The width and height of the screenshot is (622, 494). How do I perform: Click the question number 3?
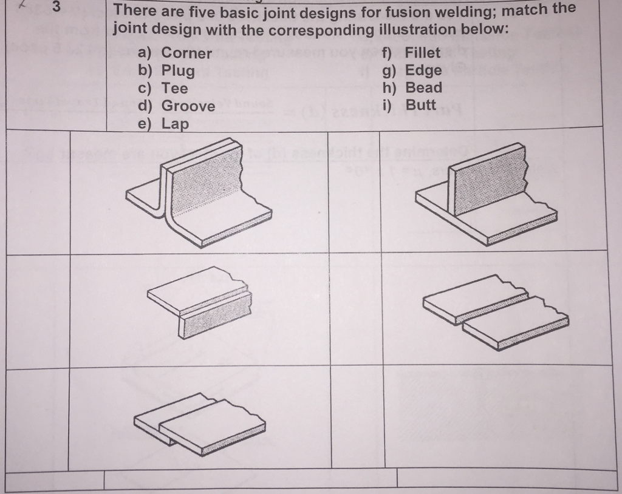point(56,8)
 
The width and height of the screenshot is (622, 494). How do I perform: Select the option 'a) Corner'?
point(175,53)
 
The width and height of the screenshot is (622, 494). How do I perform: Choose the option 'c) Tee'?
point(163,88)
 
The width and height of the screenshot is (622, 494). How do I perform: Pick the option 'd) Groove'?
point(176,106)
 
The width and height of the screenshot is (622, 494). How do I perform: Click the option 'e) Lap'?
point(163,124)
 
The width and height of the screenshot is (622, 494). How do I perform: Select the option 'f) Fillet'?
point(411,53)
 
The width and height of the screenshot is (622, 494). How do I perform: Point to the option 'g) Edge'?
point(411,70)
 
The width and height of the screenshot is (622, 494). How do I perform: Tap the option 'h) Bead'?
point(412,87)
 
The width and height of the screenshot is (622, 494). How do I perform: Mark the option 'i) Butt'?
point(410,105)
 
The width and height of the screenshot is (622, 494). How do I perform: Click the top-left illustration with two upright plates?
point(199,192)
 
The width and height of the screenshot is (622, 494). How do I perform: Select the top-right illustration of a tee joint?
point(487,194)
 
